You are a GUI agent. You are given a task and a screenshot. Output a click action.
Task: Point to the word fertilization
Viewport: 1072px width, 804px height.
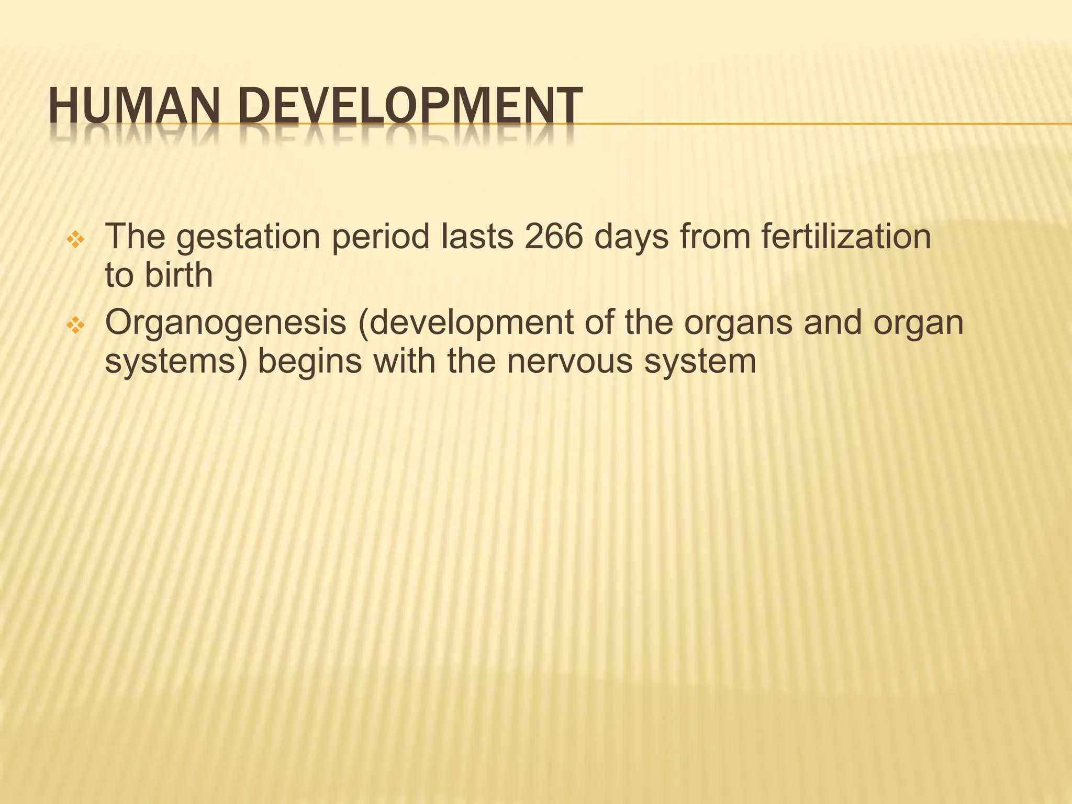tap(845, 237)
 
